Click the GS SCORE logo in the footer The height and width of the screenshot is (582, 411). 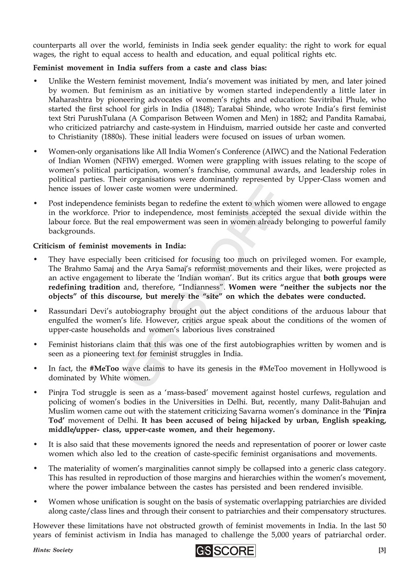(225, 551)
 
